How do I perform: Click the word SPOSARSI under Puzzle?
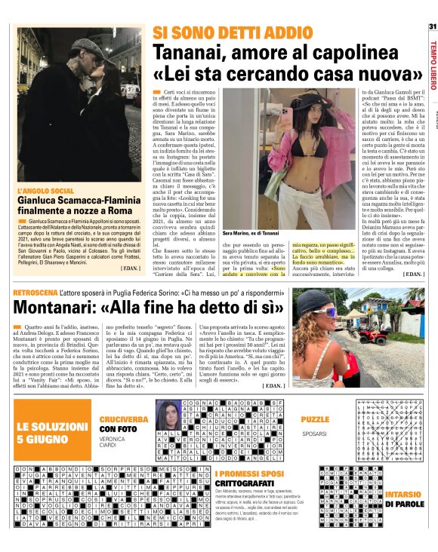[x=313, y=434]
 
